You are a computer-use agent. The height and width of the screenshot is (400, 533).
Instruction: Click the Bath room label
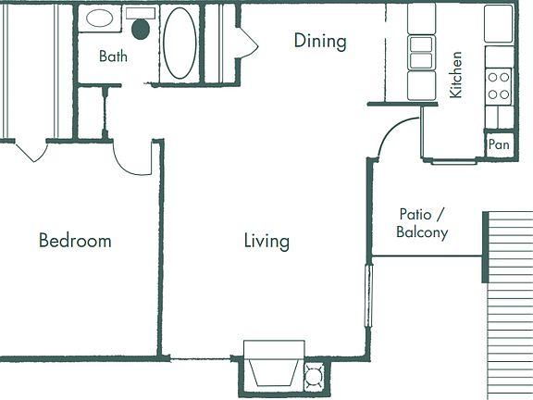coord(114,56)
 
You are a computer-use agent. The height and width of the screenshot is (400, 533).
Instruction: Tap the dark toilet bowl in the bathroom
coord(141,28)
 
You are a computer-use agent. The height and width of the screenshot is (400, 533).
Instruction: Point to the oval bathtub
coord(180,44)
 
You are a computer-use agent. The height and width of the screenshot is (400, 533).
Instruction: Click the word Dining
coord(320,41)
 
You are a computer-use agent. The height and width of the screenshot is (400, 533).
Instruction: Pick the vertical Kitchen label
coord(455,75)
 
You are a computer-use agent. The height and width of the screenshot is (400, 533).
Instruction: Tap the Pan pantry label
coord(499,144)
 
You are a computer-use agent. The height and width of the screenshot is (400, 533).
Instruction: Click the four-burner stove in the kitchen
coord(499,86)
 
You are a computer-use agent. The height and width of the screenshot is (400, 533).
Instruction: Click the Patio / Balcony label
coord(422,223)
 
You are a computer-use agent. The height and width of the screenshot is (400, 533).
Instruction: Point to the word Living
coord(266,242)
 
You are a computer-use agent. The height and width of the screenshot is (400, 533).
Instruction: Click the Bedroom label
coord(75,241)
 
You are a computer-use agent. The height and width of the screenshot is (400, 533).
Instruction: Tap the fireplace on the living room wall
coord(273,365)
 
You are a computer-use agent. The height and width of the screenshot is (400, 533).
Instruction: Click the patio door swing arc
coord(389,134)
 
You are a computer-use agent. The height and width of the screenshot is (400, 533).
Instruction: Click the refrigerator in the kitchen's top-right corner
coord(499,24)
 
